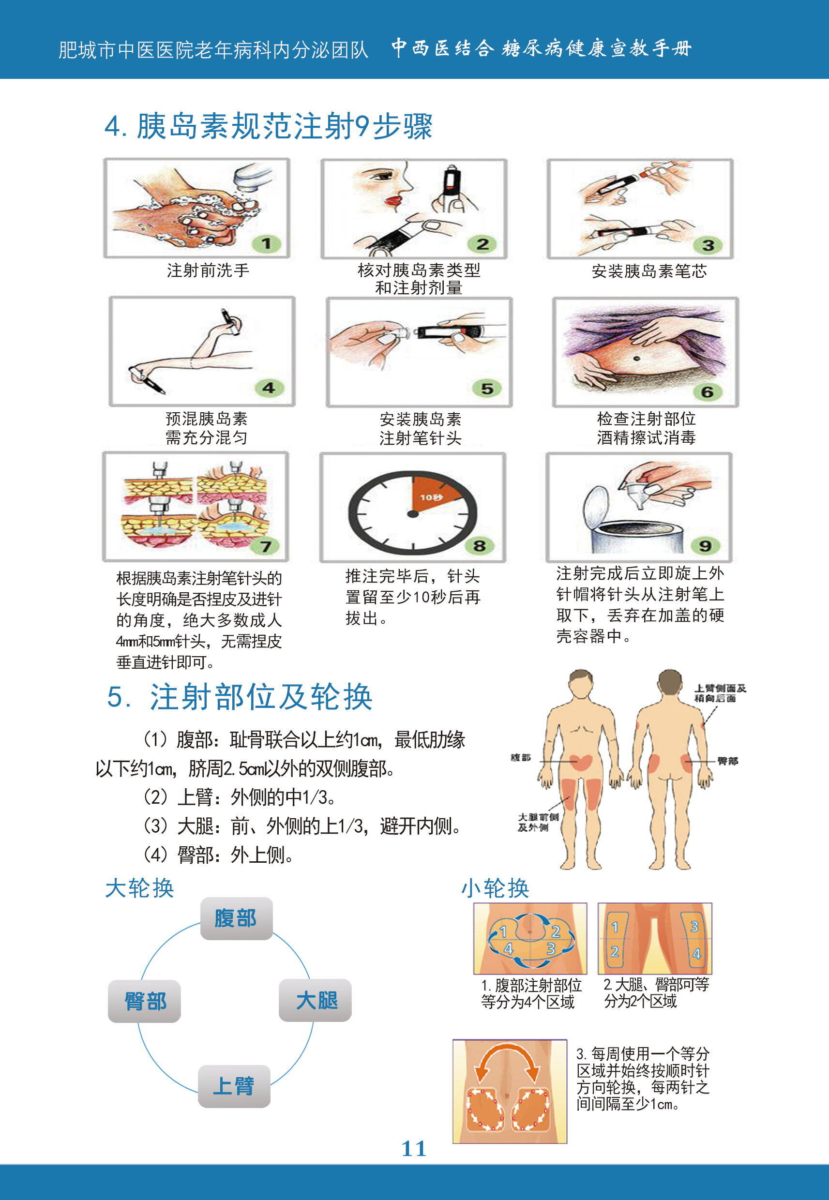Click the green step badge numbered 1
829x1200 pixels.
pos(266,243)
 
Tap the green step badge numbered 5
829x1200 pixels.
pos(487,388)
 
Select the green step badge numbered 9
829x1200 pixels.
pos(705,546)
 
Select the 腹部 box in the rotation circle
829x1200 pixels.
pos(236,918)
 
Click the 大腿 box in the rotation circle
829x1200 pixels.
pos(315,1000)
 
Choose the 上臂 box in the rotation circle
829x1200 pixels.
pos(234,1086)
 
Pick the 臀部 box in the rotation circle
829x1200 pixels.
pos(144,1001)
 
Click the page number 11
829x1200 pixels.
pos(414,1149)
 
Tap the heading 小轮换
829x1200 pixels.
pos(495,888)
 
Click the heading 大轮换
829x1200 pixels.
pos(139,888)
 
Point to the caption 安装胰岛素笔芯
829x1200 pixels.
pos(649,271)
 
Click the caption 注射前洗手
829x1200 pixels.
pos(208,270)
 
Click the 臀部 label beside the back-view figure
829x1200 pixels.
pos(728,761)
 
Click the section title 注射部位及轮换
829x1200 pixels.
pos(261,696)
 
